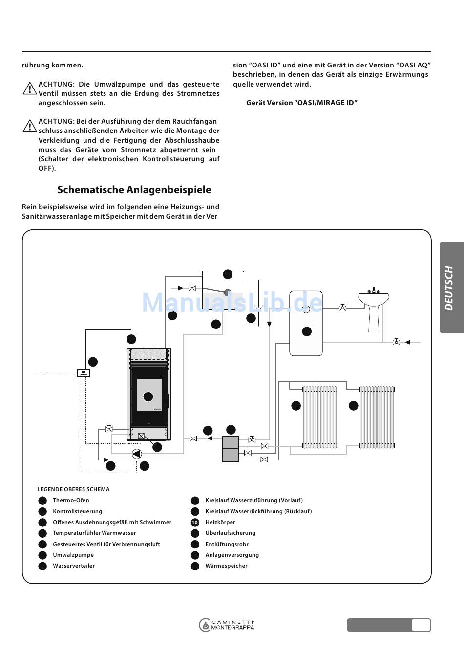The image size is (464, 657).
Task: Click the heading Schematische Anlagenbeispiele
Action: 134,190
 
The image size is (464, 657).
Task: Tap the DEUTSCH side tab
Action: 450,288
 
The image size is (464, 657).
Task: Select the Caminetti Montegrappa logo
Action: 227,625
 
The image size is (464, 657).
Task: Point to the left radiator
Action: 320,417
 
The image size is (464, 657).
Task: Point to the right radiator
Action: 377,417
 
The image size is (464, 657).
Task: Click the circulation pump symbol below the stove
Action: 137,454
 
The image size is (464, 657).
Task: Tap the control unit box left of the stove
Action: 84,373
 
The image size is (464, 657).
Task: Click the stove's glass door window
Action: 148,395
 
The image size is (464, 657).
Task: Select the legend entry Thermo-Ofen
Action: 71,500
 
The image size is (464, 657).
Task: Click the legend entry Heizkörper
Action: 220,522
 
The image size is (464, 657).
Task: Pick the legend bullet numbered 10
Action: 195,522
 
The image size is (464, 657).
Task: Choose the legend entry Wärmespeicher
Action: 226,566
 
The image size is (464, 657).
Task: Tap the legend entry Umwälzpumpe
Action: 73,555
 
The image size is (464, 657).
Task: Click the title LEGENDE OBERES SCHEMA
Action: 73,489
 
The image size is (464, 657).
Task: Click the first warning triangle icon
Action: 29,89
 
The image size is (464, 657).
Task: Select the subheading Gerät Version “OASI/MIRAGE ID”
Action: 302,103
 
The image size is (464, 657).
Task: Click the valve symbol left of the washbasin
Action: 342,307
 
